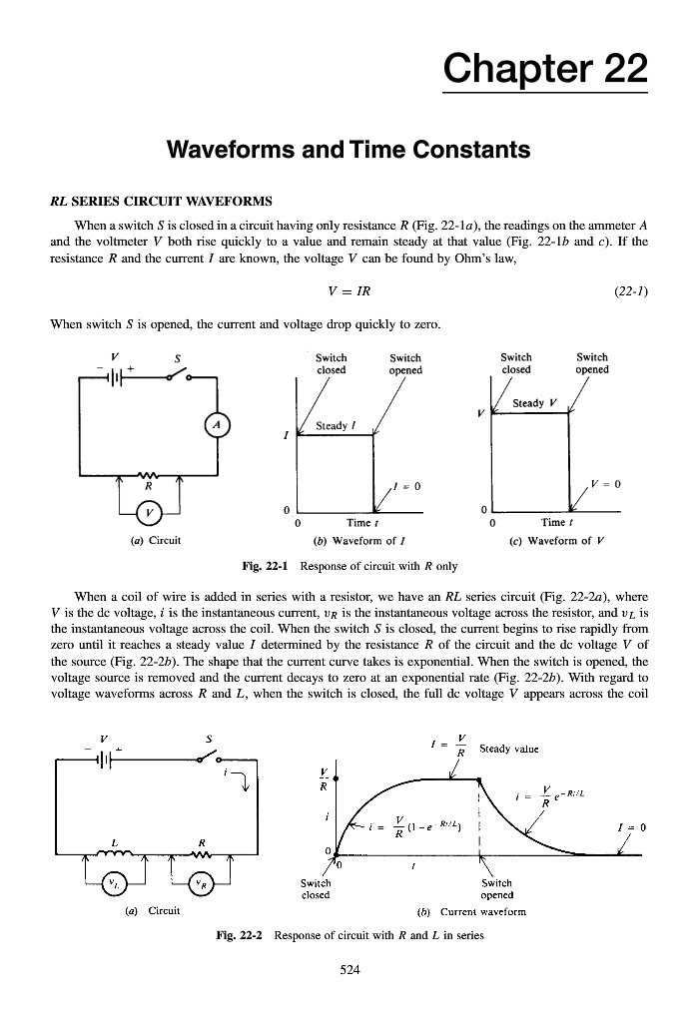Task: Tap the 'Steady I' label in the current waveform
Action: (338, 425)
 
